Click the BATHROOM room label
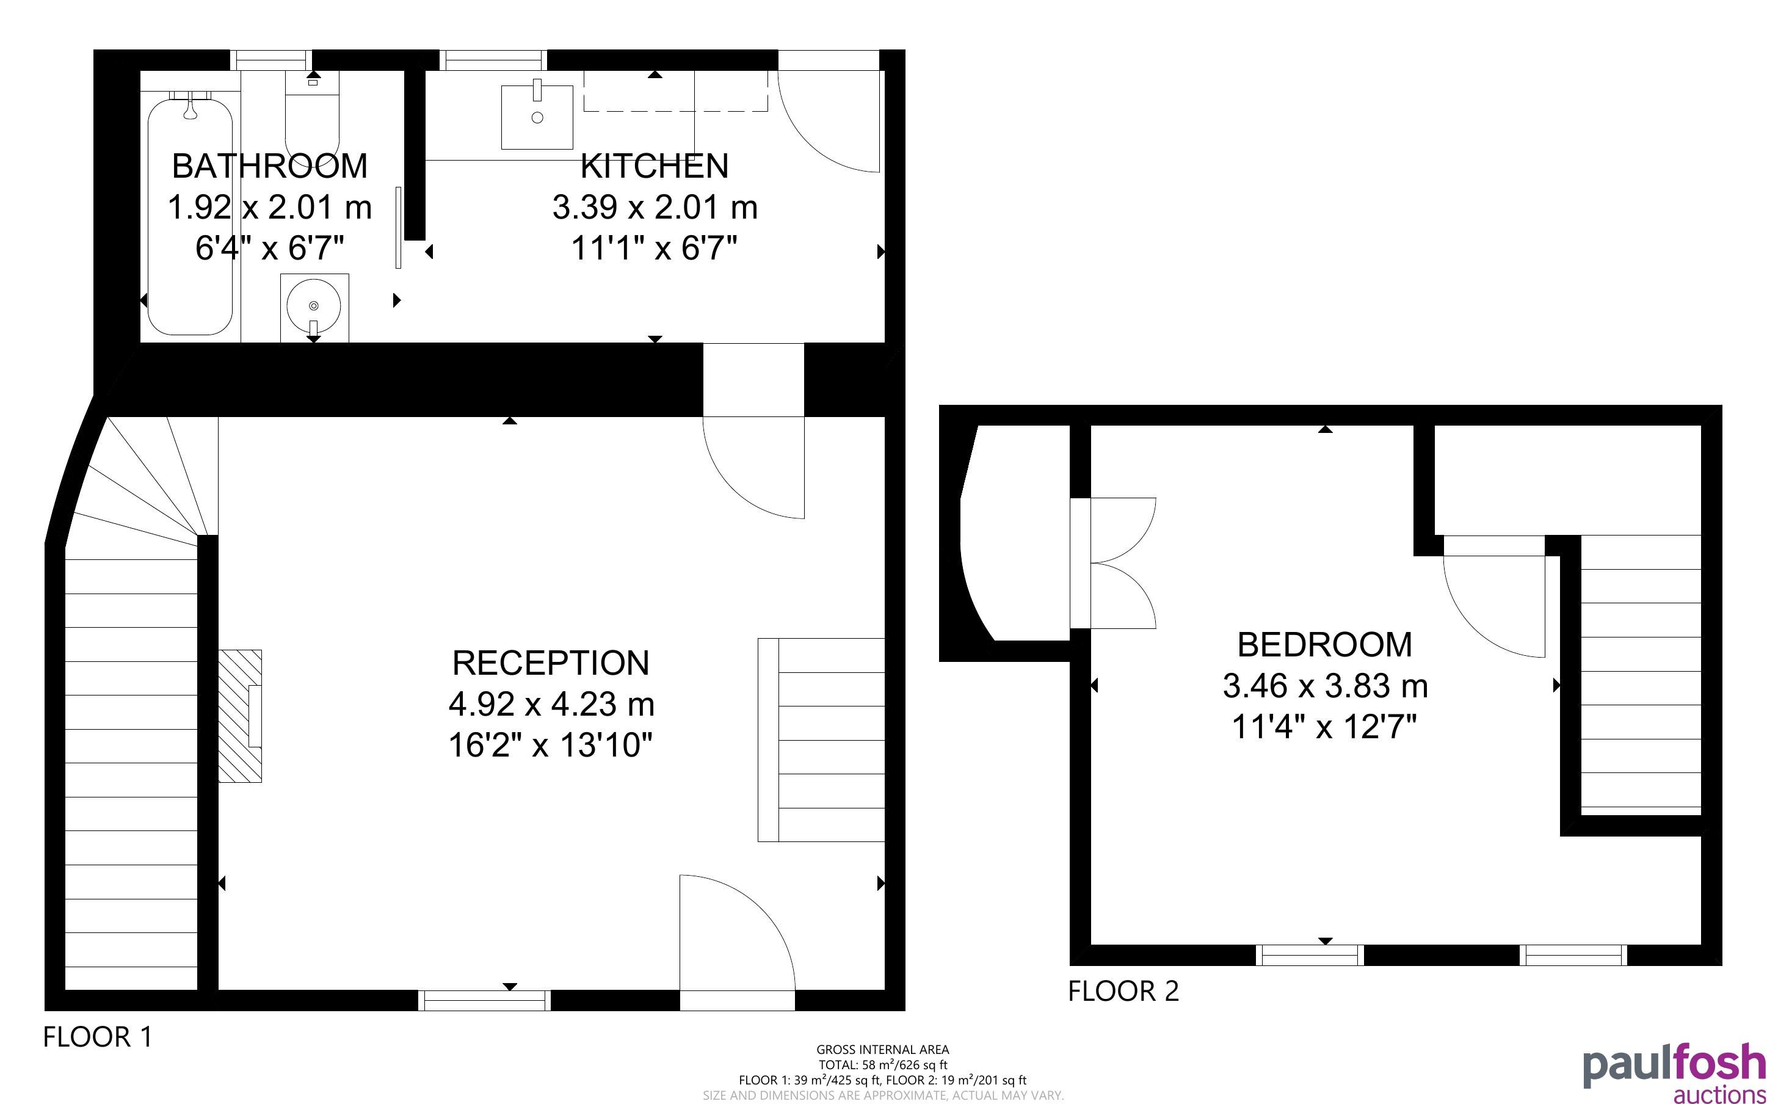point(269,165)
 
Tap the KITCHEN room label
point(655,165)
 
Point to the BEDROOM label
point(1325,645)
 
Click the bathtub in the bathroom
point(190,216)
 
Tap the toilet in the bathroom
point(313,117)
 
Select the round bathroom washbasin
point(314,307)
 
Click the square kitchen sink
point(537,117)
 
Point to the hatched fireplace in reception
point(240,716)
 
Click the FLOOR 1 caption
point(98,1037)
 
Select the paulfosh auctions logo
point(1674,1073)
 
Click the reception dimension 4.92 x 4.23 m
point(551,705)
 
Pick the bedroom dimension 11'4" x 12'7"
point(1325,727)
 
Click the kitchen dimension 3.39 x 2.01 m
point(655,208)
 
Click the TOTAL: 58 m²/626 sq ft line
point(882,1064)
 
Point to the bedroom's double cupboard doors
point(1114,563)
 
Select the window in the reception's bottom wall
point(485,1000)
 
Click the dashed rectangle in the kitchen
point(676,91)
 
